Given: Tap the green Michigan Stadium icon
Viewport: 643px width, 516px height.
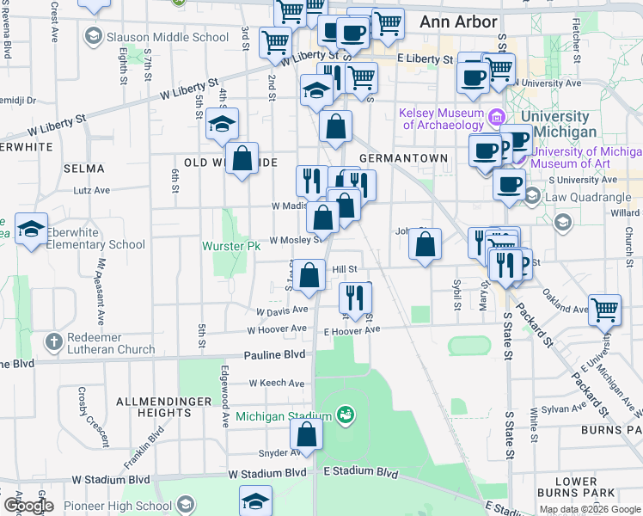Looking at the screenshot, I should pos(346,415).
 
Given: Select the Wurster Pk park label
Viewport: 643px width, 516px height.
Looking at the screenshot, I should pos(230,246).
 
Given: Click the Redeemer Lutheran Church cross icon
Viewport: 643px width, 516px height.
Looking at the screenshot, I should pos(52,342).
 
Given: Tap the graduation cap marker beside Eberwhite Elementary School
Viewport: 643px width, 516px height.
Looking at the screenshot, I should pos(31,230).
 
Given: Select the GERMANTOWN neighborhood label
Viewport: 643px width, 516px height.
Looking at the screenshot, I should pos(403,159).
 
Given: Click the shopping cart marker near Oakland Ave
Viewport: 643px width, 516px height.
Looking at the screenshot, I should pos(605,309).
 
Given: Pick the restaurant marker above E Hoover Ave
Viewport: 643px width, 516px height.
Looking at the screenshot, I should pos(355,298).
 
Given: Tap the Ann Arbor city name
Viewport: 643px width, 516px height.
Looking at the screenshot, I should pos(458,22).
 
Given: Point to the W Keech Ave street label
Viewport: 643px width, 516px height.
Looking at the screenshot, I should pos(277,383).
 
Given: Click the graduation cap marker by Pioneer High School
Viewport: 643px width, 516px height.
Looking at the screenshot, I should pos(255,501).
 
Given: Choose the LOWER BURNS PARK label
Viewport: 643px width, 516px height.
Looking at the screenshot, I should pos(576,487).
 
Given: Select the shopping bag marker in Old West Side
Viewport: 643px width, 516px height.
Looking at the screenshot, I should pos(242,159).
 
